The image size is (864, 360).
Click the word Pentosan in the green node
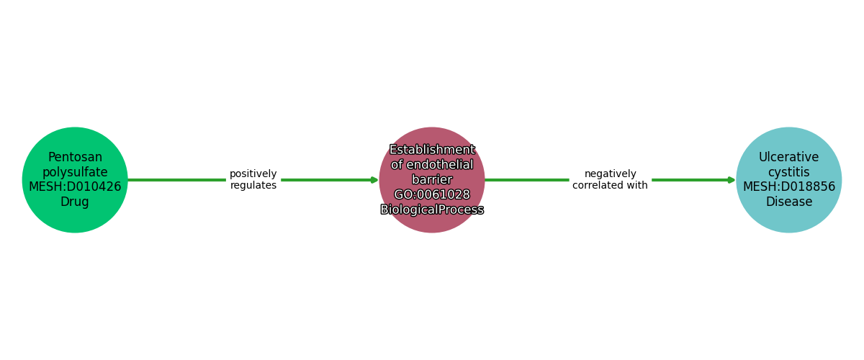[75, 157]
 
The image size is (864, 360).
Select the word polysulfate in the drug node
[75, 172]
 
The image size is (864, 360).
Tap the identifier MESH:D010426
[75, 187]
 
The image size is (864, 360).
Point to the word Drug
[75, 202]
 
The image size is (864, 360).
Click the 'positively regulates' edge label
[253, 180]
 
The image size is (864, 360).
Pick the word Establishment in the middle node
[432, 150]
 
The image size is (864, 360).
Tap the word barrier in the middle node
[432, 180]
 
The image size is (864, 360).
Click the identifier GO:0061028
[432, 195]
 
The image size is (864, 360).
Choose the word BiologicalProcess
[432, 210]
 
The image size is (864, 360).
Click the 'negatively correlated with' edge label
[610, 180]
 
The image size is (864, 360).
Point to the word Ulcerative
[788, 157]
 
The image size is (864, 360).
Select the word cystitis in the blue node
[788, 172]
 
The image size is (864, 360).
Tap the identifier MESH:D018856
[788, 187]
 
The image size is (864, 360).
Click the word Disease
[788, 202]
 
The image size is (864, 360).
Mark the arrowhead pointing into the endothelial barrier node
[375, 180]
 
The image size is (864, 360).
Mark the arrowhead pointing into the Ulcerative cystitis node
[732, 180]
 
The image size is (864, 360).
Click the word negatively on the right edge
[610, 174]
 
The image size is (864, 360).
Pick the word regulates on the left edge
[253, 186]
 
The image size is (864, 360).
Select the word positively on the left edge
[253, 174]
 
